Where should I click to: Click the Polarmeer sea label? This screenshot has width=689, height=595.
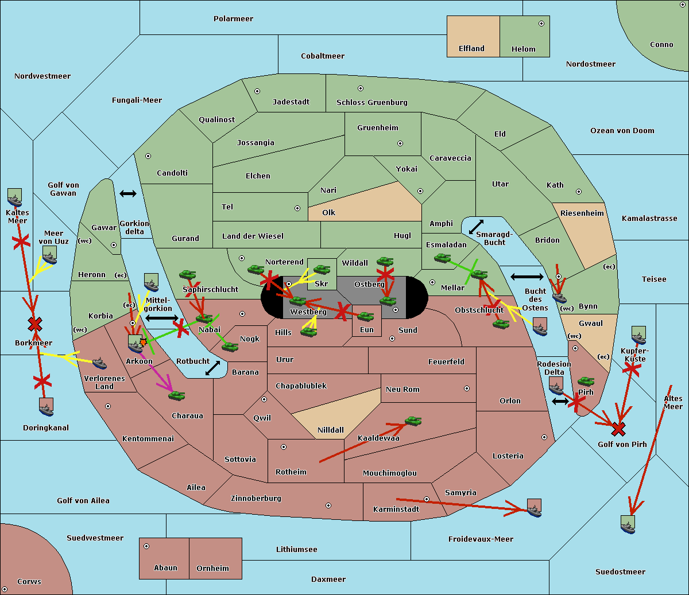[x=233, y=19]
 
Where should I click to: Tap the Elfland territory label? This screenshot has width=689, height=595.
[x=471, y=49]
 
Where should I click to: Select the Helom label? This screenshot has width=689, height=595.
[x=523, y=49]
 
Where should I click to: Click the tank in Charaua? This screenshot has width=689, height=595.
[x=176, y=395]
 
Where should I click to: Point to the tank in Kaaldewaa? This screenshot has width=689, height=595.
[x=413, y=421]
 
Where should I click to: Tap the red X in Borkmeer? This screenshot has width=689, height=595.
[x=35, y=325]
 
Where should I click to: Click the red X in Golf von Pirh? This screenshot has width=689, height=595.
[x=618, y=429]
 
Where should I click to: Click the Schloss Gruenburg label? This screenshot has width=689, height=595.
[x=371, y=103]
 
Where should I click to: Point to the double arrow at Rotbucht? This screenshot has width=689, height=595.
[x=212, y=368]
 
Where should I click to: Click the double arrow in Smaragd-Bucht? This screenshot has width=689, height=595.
[x=476, y=227]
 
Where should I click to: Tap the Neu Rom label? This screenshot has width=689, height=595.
[x=402, y=390]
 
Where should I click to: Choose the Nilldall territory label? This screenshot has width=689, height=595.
[x=331, y=430]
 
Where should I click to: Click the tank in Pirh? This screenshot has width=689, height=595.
[x=586, y=381]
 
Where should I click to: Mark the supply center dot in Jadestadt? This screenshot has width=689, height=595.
[x=257, y=91]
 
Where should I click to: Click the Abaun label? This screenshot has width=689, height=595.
[x=165, y=568]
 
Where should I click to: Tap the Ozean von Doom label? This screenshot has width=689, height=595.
[x=622, y=131]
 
